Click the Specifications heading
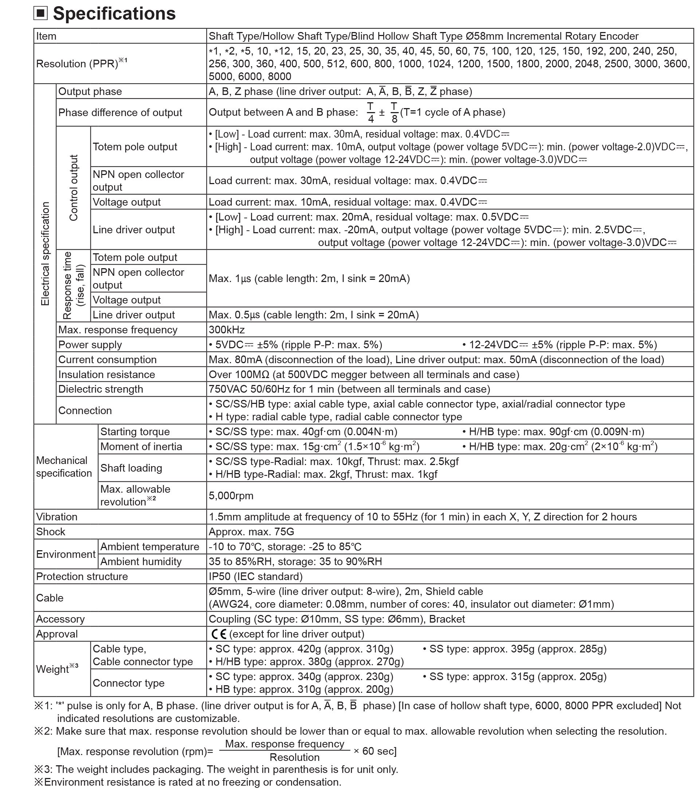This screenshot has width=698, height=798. click(114, 13)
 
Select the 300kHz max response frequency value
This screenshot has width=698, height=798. click(227, 330)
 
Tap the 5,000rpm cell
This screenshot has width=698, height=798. click(231, 496)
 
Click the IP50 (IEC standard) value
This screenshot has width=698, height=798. click(255, 577)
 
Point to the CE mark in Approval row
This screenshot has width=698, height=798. click(219, 634)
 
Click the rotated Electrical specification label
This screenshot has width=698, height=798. click(45, 254)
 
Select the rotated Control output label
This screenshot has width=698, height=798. click(74, 188)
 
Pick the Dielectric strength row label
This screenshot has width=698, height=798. click(101, 389)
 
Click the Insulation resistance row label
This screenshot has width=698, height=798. click(106, 375)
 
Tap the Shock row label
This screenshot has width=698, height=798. click(51, 532)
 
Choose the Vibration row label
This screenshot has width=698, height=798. click(57, 517)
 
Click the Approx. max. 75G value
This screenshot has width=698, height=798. click(251, 532)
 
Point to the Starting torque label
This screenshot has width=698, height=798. click(135, 432)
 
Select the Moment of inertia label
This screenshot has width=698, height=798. click(141, 446)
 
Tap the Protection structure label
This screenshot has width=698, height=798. click(82, 577)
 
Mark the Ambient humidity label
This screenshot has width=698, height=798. click(141, 562)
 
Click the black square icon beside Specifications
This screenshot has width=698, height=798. click(40, 13)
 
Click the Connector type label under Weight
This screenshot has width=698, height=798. click(129, 683)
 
